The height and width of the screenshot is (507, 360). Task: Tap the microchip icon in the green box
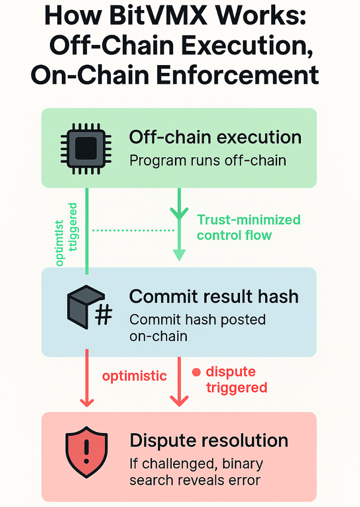[86, 148]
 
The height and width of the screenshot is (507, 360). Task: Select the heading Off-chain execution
[215, 138]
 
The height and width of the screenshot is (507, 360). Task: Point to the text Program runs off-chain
[207, 161]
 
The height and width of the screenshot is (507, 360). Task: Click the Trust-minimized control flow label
[248, 227]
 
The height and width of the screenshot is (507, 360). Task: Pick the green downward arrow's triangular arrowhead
[179, 255]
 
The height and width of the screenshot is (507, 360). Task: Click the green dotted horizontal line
[133, 230]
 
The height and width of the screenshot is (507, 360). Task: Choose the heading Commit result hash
[214, 297]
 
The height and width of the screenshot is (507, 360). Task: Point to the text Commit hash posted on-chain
[197, 327]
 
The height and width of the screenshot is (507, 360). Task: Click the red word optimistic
[134, 376]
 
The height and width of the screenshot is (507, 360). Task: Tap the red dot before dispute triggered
[196, 373]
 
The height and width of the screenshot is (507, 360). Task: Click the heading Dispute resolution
[209, 441]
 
